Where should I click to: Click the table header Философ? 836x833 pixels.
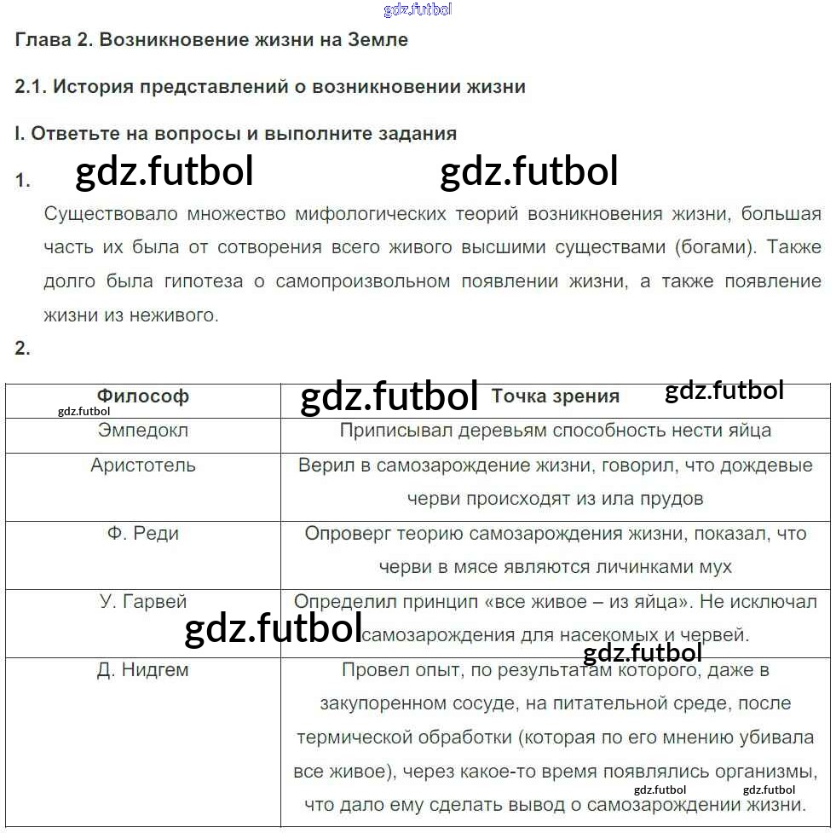[x=142, y=396]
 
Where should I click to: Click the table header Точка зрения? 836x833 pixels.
[x=555, y=396]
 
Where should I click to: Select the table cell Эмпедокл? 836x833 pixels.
[x=142, y=431]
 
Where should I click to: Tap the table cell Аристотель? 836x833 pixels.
[x=142, y=466]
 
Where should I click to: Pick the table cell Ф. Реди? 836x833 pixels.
[x=142, y=534]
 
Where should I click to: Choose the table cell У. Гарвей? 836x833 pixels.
[x=142, y=602]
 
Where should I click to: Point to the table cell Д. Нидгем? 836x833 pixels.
[x=142, y=670]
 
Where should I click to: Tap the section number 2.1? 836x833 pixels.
[x=32, y=87]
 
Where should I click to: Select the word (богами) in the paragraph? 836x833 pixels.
[x=711, y=247]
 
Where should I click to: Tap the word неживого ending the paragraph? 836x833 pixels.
[x=174, y=315]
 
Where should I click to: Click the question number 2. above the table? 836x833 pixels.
[x=23, y=348]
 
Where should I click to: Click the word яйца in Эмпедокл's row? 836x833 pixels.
[x=748, y=431]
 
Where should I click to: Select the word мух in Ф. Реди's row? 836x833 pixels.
[x=714, y=567]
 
